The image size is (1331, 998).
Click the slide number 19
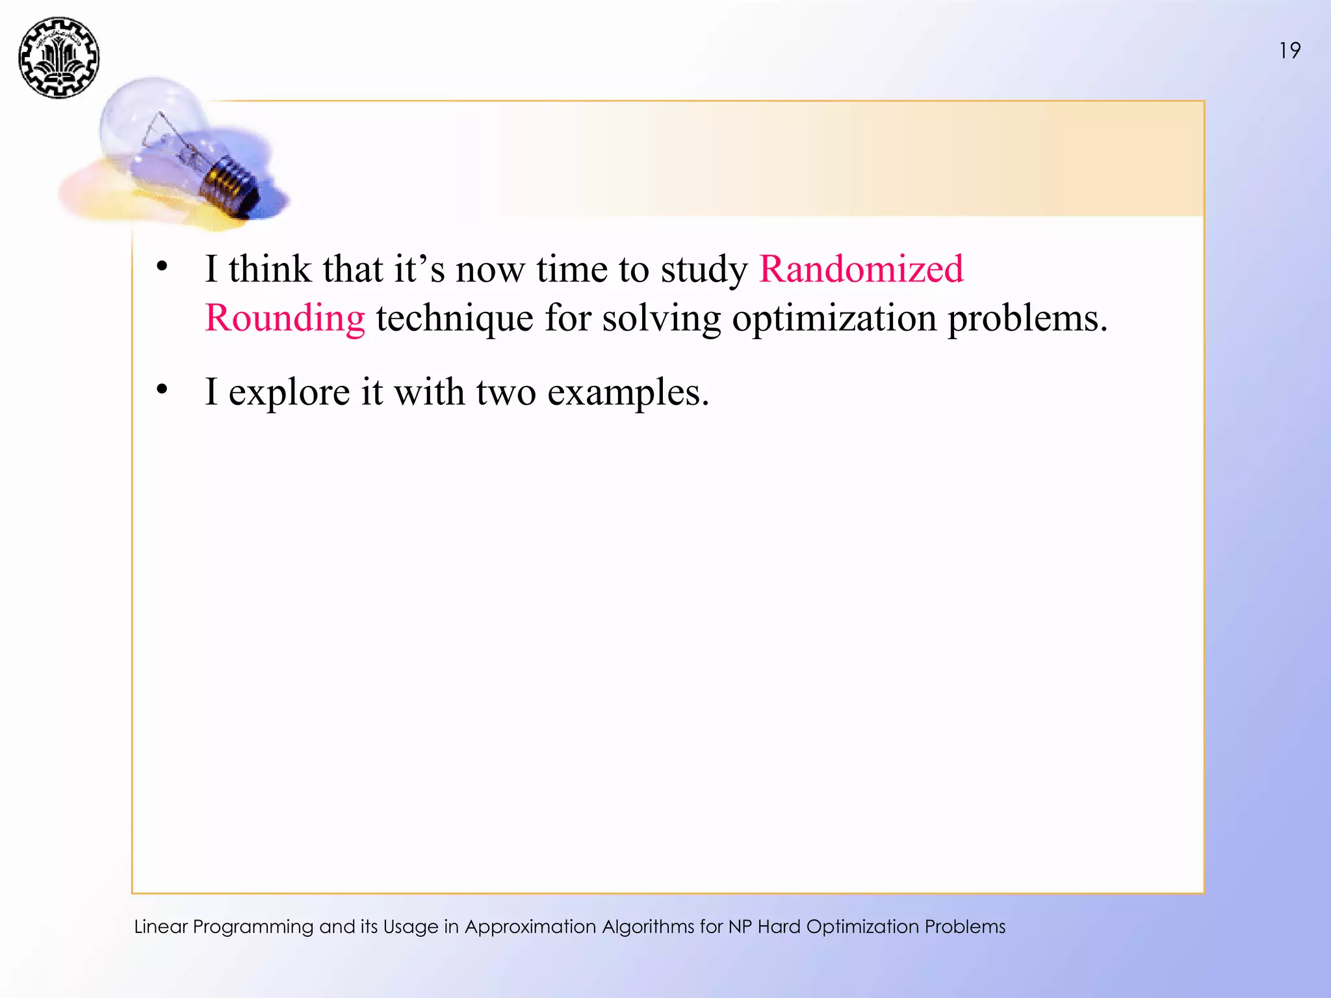click(1289, 51)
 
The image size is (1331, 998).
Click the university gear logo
click(58, 58)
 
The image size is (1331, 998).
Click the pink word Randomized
click(861, 268)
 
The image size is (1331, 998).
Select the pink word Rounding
click(285, 318)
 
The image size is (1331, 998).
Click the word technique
click(454, 318)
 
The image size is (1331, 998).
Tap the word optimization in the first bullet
click(834, 318)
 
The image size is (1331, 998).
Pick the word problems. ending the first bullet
click(1027, 318)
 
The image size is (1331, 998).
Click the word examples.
click(628, 392)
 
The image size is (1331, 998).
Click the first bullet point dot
click(162, 266)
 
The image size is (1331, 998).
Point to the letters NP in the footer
click(740, 927)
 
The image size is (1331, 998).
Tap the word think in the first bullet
click(270, 268)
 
